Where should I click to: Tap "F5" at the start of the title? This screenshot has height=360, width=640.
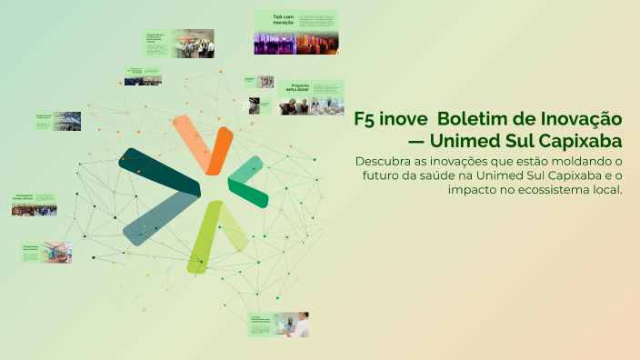(x=365, y=119)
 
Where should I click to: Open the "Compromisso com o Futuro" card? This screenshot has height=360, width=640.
(x=45, y=252)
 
